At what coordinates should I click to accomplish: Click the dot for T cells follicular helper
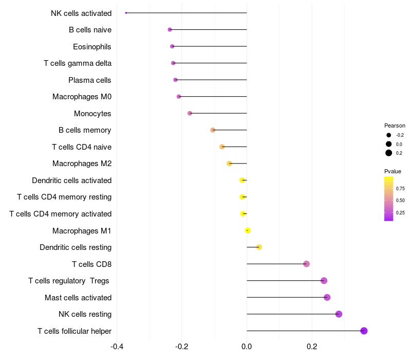[x=364, y=331]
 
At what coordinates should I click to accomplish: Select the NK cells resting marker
[x=339, y=314]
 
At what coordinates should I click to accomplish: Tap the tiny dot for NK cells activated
[x=126, y=13]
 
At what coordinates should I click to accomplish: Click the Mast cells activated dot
[x=327, y=297]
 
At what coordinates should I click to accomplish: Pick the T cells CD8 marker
[x=307, y=264]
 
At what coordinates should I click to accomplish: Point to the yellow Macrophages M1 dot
[x=248, y=230]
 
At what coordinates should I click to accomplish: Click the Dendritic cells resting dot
[x=259, y=247]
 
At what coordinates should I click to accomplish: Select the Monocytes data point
[x=190, y=113]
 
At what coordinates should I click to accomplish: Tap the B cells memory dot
[x=213, y=130]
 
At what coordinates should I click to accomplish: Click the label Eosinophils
[x=92, y=47]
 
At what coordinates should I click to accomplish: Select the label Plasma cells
[x=90, y=80]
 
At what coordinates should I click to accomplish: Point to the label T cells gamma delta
[x=78, y=63]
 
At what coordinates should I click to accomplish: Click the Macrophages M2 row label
[x=82, y=164]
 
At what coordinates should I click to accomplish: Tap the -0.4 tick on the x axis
[x=117, y=346]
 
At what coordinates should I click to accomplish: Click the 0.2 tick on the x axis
[x=312, y=346]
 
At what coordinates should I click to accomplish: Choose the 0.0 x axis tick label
[x=247, y=346]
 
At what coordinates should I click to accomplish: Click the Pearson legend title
[x=395, y=125]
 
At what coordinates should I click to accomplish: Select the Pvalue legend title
[x=393, y=171]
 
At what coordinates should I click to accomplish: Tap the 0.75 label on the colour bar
[x=400, y=189]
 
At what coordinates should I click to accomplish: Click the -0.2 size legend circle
[x=389, y=135]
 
